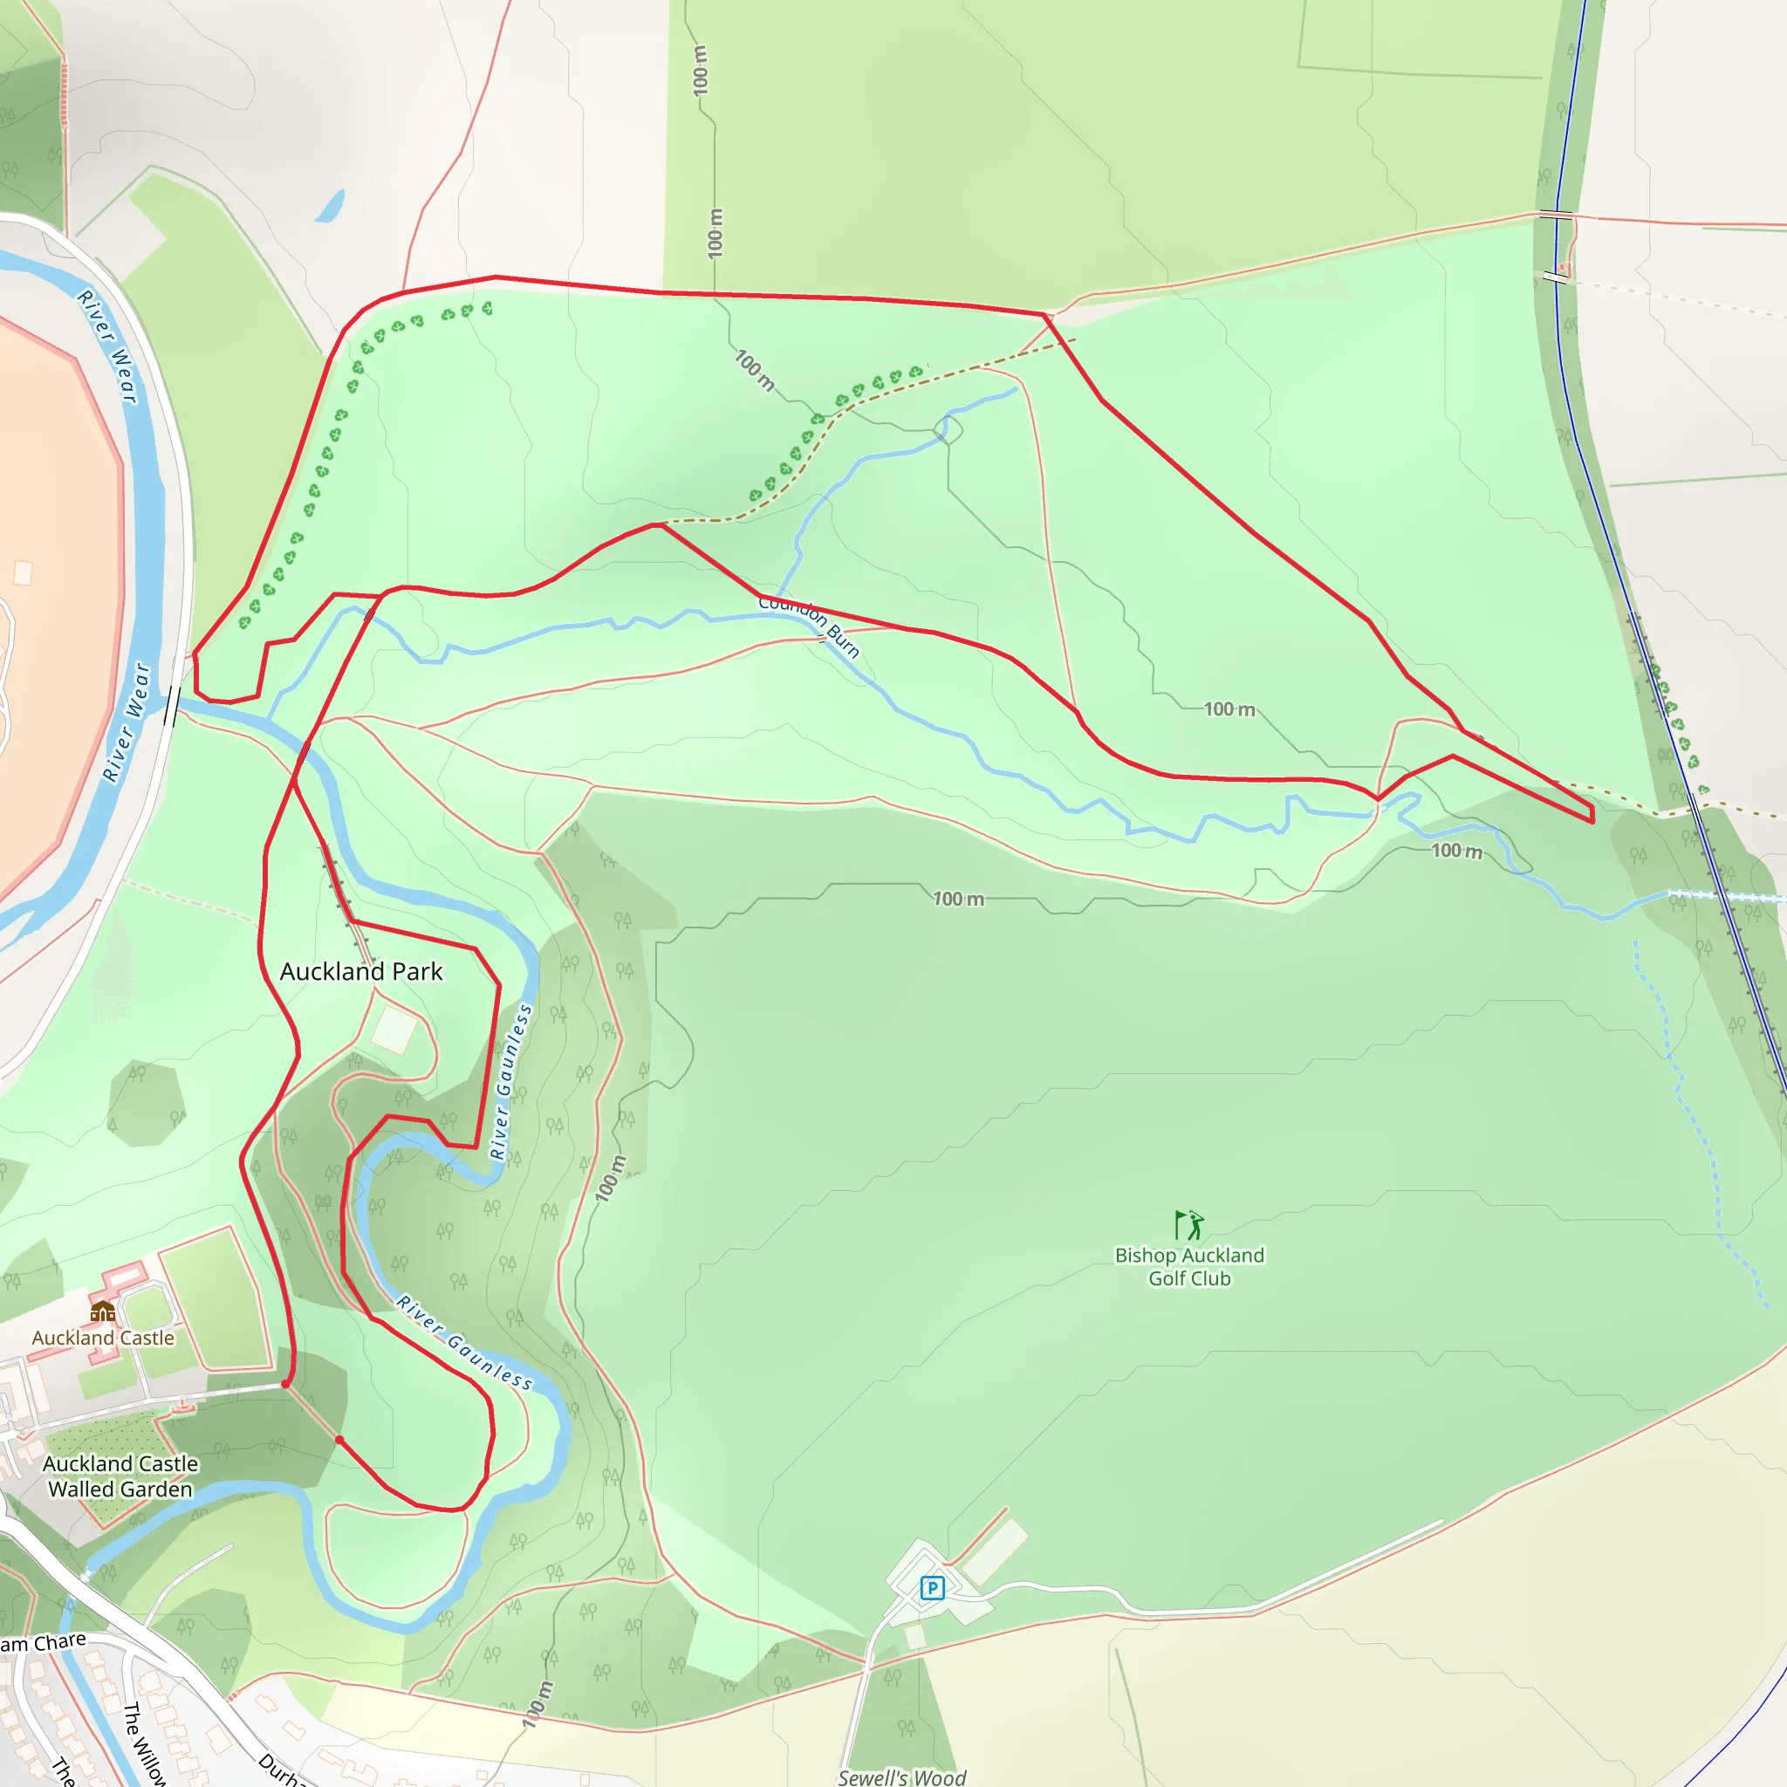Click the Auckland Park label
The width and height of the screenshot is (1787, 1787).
point(360,971)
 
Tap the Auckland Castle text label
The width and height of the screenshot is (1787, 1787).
point(103,1338)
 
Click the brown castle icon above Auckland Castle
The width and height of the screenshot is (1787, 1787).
point(103,1311)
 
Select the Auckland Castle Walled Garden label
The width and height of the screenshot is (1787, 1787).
point(120,1476)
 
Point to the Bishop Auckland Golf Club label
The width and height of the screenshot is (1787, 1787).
point(1189,1266)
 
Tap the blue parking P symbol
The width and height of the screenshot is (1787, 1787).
point(933,1588)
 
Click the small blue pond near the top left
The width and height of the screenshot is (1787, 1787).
point(330,206)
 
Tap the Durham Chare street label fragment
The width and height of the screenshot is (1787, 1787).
point(43,1643)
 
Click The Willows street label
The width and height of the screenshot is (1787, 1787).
point(143,1743)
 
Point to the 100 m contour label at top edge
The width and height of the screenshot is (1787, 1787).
point(700,71)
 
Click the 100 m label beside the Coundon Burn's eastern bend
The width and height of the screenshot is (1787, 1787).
point(1456,851)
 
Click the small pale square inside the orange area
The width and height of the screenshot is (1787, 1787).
point(24,573)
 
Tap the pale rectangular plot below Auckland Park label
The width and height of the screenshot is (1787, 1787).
point(394,1029)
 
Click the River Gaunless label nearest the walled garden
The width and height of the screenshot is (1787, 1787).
point(463,1342)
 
